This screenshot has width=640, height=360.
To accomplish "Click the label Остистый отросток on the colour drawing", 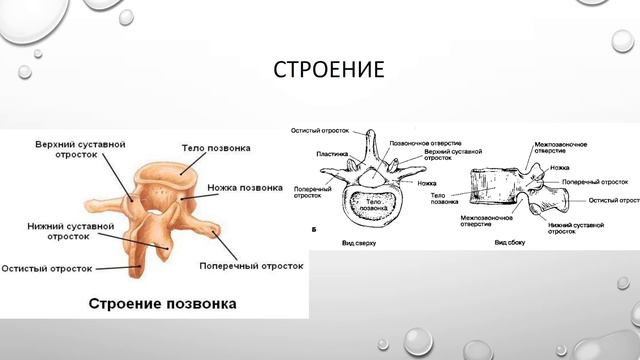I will click(x=47, y=268).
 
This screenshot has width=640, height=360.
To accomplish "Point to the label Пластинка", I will click(x=332, y=153).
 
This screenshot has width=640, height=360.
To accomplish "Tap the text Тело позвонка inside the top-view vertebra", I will click(x=372, y=204).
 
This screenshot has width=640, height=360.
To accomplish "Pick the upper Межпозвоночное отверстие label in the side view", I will click(x=558, y=148).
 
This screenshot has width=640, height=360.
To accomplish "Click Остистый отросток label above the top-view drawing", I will click(x=318, y=131).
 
